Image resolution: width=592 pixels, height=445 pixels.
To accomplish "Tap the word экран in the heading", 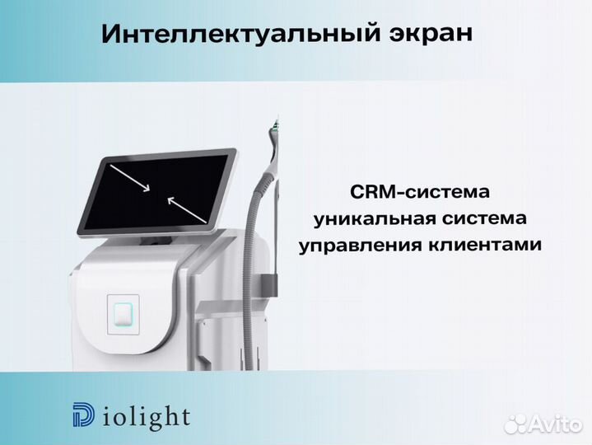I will coord(433,35).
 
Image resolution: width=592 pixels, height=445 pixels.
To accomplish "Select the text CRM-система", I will coord(419,192).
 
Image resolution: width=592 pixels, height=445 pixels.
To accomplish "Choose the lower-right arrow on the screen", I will coord(186,208).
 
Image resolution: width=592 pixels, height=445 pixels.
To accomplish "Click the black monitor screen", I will coord(161,191).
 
